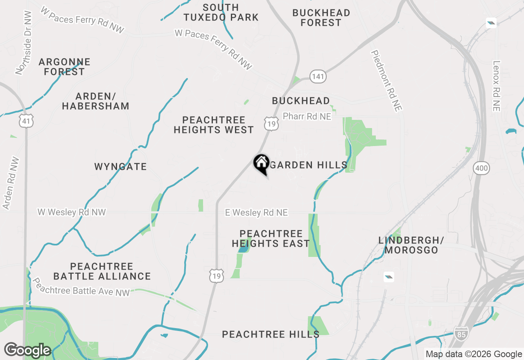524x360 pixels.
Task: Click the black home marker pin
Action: click(261, 164)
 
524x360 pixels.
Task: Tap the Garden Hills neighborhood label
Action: click(309, 165)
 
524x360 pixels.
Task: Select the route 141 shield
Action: click(318, 76)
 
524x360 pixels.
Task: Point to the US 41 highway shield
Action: click(26, 121)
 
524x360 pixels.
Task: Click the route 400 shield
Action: click(482, 167)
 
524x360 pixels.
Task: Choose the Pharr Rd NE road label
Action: click(307, 117)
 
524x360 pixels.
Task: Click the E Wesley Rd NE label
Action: click(257, 213)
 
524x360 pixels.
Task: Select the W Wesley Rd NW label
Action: click(72, 212)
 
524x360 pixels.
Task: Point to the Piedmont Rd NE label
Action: click(386, 81)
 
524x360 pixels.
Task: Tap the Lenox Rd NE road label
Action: click(497, 86)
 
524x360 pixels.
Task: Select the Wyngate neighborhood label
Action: click(120, 167)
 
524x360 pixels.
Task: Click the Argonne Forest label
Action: click(64, 67)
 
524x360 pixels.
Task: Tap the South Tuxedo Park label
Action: click(221, 12)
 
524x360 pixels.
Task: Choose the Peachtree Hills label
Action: click(271, 334)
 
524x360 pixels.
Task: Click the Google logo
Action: click(27, 350)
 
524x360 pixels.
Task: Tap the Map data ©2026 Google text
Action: click(474, 354)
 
